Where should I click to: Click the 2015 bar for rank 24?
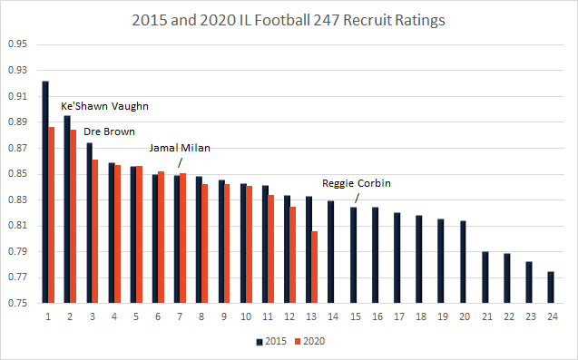(551, 287)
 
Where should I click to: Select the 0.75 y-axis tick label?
(17, 304)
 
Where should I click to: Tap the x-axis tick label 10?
(245, 316)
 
